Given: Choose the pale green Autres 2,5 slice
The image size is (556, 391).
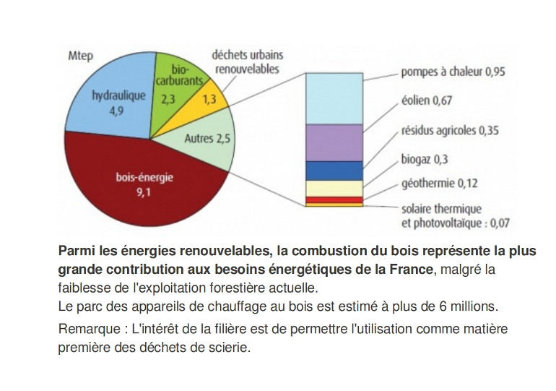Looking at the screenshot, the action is pos(206,142).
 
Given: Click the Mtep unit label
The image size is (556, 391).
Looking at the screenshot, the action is pos(80,56).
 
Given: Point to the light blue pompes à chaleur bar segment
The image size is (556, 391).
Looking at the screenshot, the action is pos(334,98).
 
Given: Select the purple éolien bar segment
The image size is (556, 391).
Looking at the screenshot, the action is pos(334,143).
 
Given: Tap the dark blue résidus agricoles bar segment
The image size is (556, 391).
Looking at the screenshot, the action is pos(334,171).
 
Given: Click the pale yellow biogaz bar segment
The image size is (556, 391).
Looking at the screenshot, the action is pos(334,189).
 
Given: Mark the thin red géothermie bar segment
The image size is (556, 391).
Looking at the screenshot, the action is pos(334,200).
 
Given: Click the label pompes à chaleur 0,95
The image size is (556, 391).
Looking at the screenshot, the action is pos(453,72).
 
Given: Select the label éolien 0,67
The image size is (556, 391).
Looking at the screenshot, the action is pos(427,100).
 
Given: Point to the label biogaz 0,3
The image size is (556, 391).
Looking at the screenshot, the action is pos(425,159).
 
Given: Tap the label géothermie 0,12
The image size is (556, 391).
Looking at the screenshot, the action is pos(439,184).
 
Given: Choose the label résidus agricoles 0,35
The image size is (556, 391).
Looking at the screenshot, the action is pos(450,131).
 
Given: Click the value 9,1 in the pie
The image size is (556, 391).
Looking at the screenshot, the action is pos(144,192).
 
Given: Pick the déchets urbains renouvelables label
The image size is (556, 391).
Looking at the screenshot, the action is pos(248,61).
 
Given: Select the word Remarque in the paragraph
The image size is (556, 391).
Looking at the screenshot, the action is pos(90,330).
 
